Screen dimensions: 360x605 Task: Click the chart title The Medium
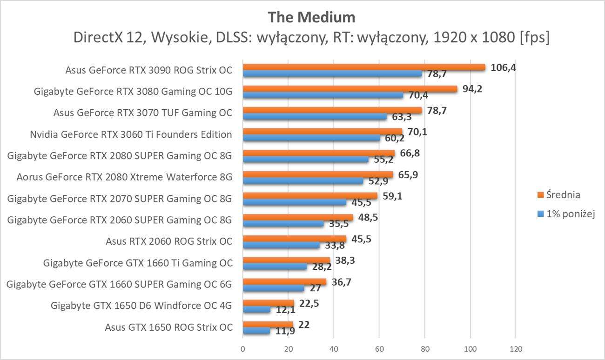tap(311, 17)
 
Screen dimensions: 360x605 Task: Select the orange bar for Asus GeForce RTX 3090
tap(363, 67)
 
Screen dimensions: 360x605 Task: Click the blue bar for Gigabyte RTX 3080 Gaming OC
tap(323, 95)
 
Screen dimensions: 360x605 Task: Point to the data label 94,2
tap(472, 88)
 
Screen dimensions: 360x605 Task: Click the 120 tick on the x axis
tap(516, 349)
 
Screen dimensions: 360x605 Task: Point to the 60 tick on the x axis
tap(379, 349)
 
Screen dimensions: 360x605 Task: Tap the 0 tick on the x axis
tap(243, 349)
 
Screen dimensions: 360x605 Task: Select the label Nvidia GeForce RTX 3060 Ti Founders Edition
tap(131, 135)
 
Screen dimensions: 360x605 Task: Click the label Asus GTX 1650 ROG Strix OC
tap(169, 327)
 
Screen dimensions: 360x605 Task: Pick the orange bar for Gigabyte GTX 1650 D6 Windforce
tap(268, 303)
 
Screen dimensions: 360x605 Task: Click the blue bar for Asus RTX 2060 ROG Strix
tap(281, 245)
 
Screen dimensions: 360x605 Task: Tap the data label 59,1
tap(392, 196)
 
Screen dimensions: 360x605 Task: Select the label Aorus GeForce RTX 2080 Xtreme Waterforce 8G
tap(124, 177)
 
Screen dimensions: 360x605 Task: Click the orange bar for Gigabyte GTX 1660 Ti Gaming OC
tap(286, 260)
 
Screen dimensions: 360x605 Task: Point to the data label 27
tap(316, 289)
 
